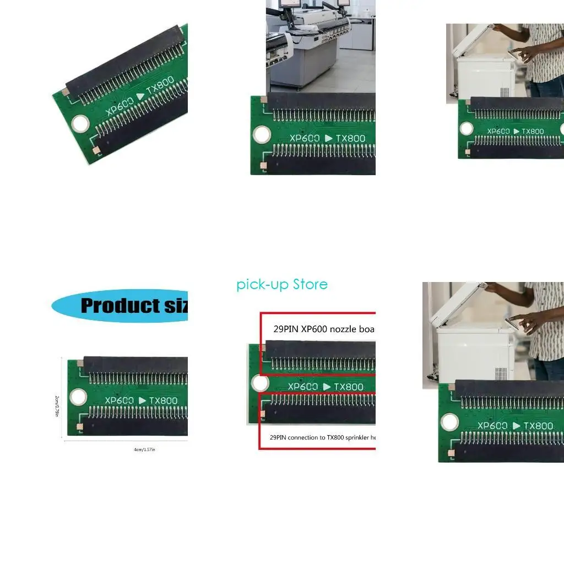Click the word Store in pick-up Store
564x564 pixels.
pos(310,285)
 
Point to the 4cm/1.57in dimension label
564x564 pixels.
pos(144,449)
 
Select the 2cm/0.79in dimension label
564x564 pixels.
pos(57,405)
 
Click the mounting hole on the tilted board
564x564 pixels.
pos(81,124)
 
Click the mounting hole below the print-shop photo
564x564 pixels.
pos(261,134)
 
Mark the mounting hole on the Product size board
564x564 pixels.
pos(78,397)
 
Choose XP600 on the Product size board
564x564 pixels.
pos(119,400)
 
